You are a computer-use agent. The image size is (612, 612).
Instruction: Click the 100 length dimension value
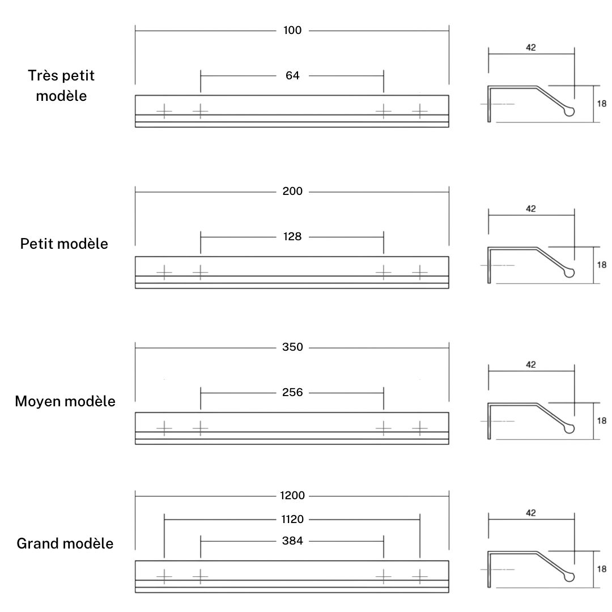pyautogui.click(x=292, y=31)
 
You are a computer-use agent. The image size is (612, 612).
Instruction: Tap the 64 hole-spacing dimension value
pyautogui.click(x=292, y=75)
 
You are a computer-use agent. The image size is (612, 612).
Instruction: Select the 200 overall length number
pyautogui.click(x=292, y=192)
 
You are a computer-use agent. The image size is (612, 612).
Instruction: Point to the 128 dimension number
pyautogui.click(x=292, y=236)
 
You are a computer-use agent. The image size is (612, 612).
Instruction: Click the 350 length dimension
pyautogui.click(x=292, y=347)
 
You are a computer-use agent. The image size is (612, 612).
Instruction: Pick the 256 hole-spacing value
pyautogui.click(x=292, y=392)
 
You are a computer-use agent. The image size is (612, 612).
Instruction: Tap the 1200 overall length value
pyautogui.click(x=292, y=496)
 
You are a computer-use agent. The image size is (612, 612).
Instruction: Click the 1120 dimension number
pyautogui.click(x=292, y=519)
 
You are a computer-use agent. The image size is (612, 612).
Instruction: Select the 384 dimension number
pyautogui.click(x=292, y=541)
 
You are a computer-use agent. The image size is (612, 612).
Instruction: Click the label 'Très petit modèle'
pyautogui.click(x=61, y=86)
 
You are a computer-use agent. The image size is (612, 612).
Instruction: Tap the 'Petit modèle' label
pyautogui.click(x=64, y=244)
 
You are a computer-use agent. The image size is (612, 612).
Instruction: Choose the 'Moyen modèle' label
pyautogui.click(x=65, y=402)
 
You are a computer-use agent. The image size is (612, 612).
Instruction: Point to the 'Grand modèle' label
pyautogui.click(x=65, y=543)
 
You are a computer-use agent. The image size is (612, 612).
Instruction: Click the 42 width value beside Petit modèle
pyautogui.click(x=531, y=209)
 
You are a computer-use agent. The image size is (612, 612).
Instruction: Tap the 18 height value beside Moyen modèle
pyautogui.click(x=601, y=420)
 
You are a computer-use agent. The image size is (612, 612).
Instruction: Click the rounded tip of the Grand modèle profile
pyautogui.click(x=569, y=576)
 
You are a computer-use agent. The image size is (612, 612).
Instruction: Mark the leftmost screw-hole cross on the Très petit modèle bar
pyautogui.click(x=164, y=111)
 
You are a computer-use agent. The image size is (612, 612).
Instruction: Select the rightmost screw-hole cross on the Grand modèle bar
pyautogui.click(x=420, y=576)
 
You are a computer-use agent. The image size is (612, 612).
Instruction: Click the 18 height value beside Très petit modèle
pyautogui.click(x=601, y=104)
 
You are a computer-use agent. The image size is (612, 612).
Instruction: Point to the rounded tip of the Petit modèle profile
pyautogui.click(x=569, y=272)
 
